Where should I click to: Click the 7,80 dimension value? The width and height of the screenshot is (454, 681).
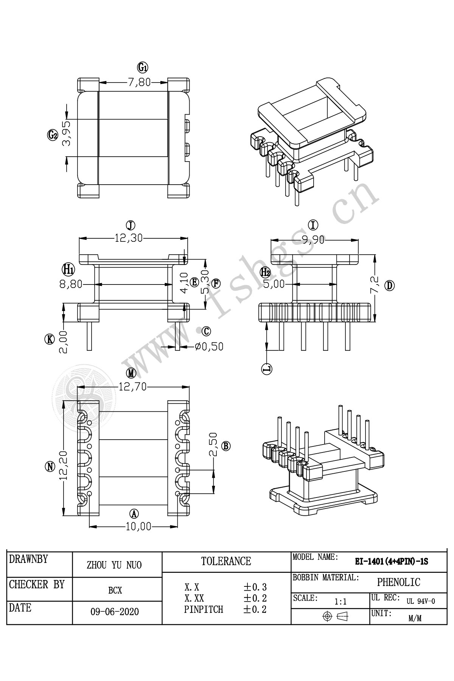(139, 82)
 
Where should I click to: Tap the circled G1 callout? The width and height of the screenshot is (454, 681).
(143, 68)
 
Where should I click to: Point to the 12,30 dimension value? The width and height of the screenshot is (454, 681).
(129, 238)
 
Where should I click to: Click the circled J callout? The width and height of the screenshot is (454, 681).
(131, 225)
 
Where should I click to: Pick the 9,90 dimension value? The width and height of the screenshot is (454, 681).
(314, 240)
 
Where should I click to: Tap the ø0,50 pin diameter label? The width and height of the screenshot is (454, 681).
(209, 346)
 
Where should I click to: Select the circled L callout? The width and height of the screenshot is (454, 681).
(267, 368)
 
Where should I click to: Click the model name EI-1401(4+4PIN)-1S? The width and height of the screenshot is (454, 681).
(391, 562)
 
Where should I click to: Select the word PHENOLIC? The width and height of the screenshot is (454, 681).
(398, 582)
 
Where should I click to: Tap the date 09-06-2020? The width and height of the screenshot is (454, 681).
(115, 612)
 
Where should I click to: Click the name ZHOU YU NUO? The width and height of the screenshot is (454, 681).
(114, 565)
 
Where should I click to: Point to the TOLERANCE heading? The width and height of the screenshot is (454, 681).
(226, 561)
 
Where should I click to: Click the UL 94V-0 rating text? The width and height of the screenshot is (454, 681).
(421, 601)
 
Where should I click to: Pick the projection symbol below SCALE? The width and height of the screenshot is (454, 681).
(335, 616)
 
